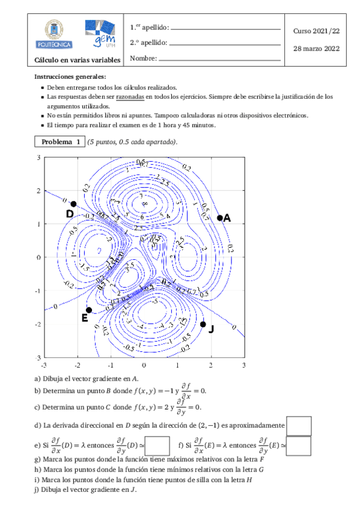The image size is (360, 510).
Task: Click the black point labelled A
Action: pyautogui.click(x=220, y=218)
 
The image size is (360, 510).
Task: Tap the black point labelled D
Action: pyautogui.click(x=73, y=204)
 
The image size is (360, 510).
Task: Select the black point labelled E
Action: pyautogui.click(x=89, y=310)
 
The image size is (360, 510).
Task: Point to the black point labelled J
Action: pyautogui.click(x=203, y=324)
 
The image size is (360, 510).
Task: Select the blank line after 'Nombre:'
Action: pyautogui.click(x=219, y=59)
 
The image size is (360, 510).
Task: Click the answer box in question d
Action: pyautogui.click(x=299, y=425)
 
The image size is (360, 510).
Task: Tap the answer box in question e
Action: pyautogui.click(x=157, y=446)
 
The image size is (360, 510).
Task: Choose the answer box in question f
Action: pyautogui.click(x=299, y=446)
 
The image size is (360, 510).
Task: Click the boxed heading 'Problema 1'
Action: pyautogui.click(x=60, y=142)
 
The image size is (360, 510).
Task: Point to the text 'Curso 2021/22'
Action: pyautogui.click(x=316, y=29)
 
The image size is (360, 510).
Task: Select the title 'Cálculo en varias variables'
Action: pyautogui.click(x=78, y=60)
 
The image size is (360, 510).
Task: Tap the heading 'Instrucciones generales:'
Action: pyautogui.click(x=70, y=77)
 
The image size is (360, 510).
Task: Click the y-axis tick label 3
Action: pyautogui.click(x=38, y=158)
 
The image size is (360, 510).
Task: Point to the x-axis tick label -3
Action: pyautogui.click(x=43, y=365)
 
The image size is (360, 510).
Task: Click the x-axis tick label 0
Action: pyautogui.click(x=144, y=365)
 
